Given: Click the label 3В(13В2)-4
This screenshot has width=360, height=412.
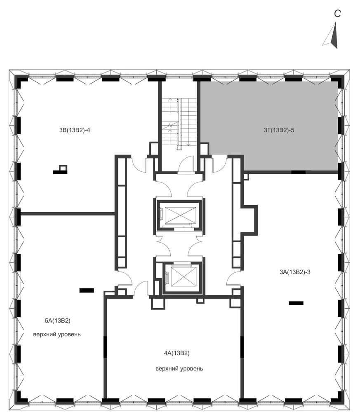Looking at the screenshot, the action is click(x=74, y=130).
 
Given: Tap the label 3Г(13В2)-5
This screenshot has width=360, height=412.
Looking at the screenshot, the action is click(x=279, y=130).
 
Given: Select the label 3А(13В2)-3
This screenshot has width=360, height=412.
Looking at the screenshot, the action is click(x=295, y=272).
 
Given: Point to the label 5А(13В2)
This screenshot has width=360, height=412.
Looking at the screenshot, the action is click(x=58, y=321).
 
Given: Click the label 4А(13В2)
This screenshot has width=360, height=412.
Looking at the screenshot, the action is click(x=177, y=353).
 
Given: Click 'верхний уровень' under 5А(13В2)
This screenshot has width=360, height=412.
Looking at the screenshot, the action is click(x=57, y=335).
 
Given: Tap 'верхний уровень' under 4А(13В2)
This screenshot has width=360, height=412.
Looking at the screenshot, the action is click(x=179, y=369).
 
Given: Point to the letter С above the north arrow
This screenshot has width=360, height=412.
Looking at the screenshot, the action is click(x=337, y=14).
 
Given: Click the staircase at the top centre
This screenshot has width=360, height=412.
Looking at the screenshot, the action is click(x=179, y=124).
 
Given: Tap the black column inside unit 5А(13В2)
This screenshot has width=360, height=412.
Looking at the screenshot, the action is click(x=87, y=290).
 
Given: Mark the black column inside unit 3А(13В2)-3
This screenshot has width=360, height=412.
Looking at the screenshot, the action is click(x=296, y=303).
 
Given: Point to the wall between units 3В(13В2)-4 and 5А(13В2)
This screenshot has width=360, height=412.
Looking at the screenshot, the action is click(x=68, y=213).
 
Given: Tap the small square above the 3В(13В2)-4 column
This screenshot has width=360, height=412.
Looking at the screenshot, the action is click(x=63, y=168).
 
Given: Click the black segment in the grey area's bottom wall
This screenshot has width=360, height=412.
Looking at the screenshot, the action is click(x=298, y=172).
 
